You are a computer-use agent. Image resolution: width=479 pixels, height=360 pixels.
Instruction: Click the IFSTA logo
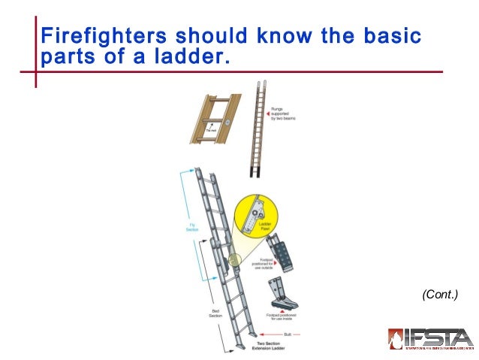click(430, 339)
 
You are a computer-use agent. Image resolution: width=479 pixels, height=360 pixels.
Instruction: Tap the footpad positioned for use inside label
click(284, 317)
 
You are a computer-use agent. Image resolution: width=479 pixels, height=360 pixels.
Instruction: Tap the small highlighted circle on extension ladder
click(233, 259)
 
